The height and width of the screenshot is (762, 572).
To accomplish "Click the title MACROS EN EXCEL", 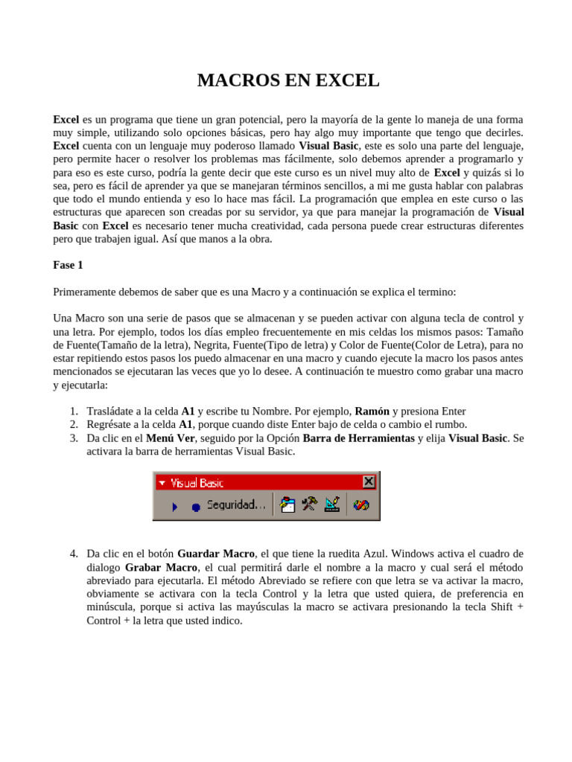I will (288, 80).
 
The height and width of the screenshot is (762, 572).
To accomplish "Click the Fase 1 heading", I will (68, 265).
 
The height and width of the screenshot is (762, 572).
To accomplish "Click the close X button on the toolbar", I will (369, 482).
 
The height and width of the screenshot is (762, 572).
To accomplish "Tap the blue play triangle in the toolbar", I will (175, 506).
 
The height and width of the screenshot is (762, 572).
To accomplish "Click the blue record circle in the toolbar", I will (195, 507).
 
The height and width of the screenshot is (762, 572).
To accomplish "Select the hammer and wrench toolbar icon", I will (309, 505).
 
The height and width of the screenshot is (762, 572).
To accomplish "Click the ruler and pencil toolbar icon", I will (332, 505).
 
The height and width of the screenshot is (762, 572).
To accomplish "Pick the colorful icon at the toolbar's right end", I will (361, 505).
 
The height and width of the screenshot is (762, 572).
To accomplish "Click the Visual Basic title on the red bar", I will (197, 483).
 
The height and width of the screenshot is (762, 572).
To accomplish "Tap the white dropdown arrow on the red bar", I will (162, 483).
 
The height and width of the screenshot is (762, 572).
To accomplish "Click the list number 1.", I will (74, 411).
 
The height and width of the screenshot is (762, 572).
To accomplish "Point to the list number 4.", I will (74, 554).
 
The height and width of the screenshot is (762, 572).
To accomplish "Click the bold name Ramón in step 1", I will (372, 411).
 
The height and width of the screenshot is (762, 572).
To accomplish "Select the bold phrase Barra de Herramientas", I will (358, 438).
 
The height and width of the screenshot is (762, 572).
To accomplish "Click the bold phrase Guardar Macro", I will (216, 554).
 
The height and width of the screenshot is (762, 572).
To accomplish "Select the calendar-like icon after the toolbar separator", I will (287, 505).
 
